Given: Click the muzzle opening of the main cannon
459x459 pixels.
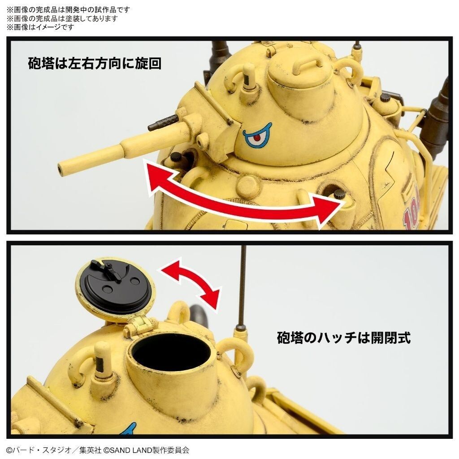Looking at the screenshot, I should (x=61, y=169).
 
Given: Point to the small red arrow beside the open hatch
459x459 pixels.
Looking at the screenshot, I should (x=191, y=283).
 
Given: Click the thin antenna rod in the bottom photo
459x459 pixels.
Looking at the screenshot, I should (x=242, y=287).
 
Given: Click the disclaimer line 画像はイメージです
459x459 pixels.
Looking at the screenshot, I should (x=40, y=27).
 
